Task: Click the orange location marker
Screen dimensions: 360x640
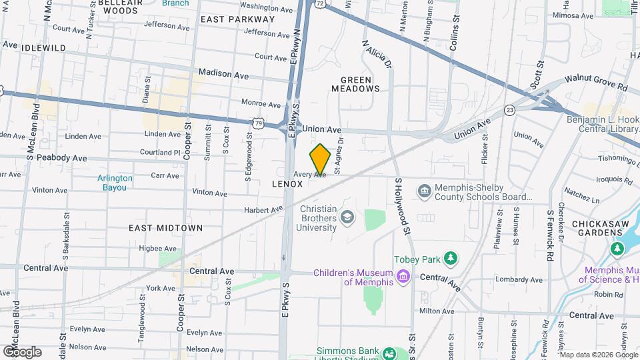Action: (321, 159)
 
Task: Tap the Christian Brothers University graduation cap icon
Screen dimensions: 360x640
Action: (347, 217)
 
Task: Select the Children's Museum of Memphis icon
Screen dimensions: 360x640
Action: (402, 276)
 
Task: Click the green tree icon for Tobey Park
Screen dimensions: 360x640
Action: (451, 258)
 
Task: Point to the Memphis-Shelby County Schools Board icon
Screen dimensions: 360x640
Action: (425, 192)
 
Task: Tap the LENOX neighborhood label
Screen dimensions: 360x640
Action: (287, 183)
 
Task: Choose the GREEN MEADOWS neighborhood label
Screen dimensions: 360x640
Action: (355, 83)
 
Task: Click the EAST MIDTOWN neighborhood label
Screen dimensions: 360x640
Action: (165, 228)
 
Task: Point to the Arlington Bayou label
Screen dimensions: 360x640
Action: (115, 183)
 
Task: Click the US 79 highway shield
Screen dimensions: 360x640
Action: (258, 123)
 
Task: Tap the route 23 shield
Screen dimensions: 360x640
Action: (510, 110)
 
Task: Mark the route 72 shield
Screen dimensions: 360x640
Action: (321, 4)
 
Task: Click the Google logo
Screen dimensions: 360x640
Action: (22, 351)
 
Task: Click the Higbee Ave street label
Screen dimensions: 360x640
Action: (157, 249)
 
